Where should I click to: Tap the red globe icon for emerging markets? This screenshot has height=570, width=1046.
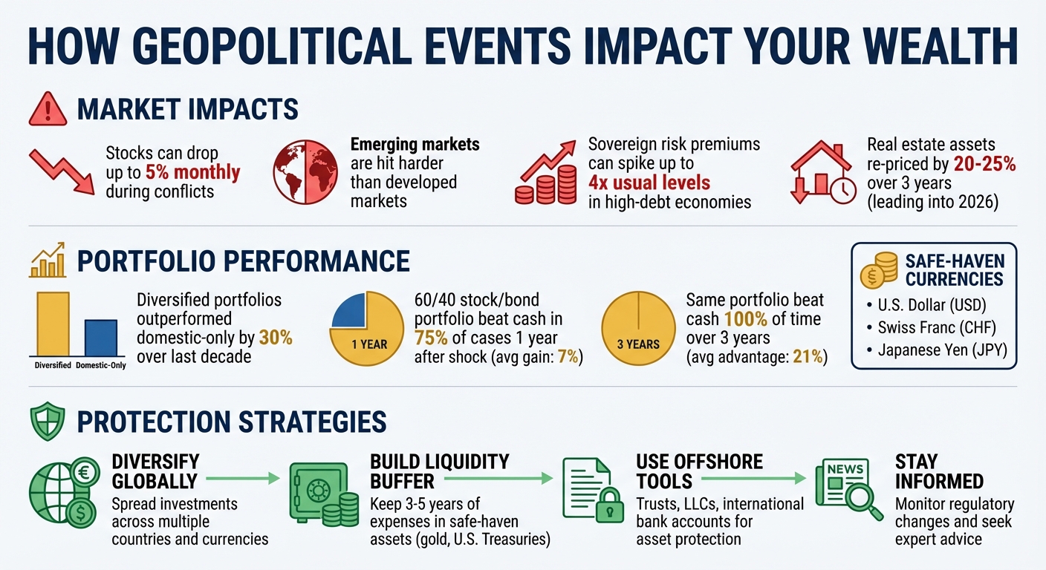coord(304,172)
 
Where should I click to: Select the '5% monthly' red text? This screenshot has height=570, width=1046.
coord(192,173)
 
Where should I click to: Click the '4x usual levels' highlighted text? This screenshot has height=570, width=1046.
coord(649,182)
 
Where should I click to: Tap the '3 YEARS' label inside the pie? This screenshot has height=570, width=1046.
coord(638,344)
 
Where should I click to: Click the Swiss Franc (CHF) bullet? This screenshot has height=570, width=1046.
coord(935,327)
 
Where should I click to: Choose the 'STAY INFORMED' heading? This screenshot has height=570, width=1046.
coord(939,471)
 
